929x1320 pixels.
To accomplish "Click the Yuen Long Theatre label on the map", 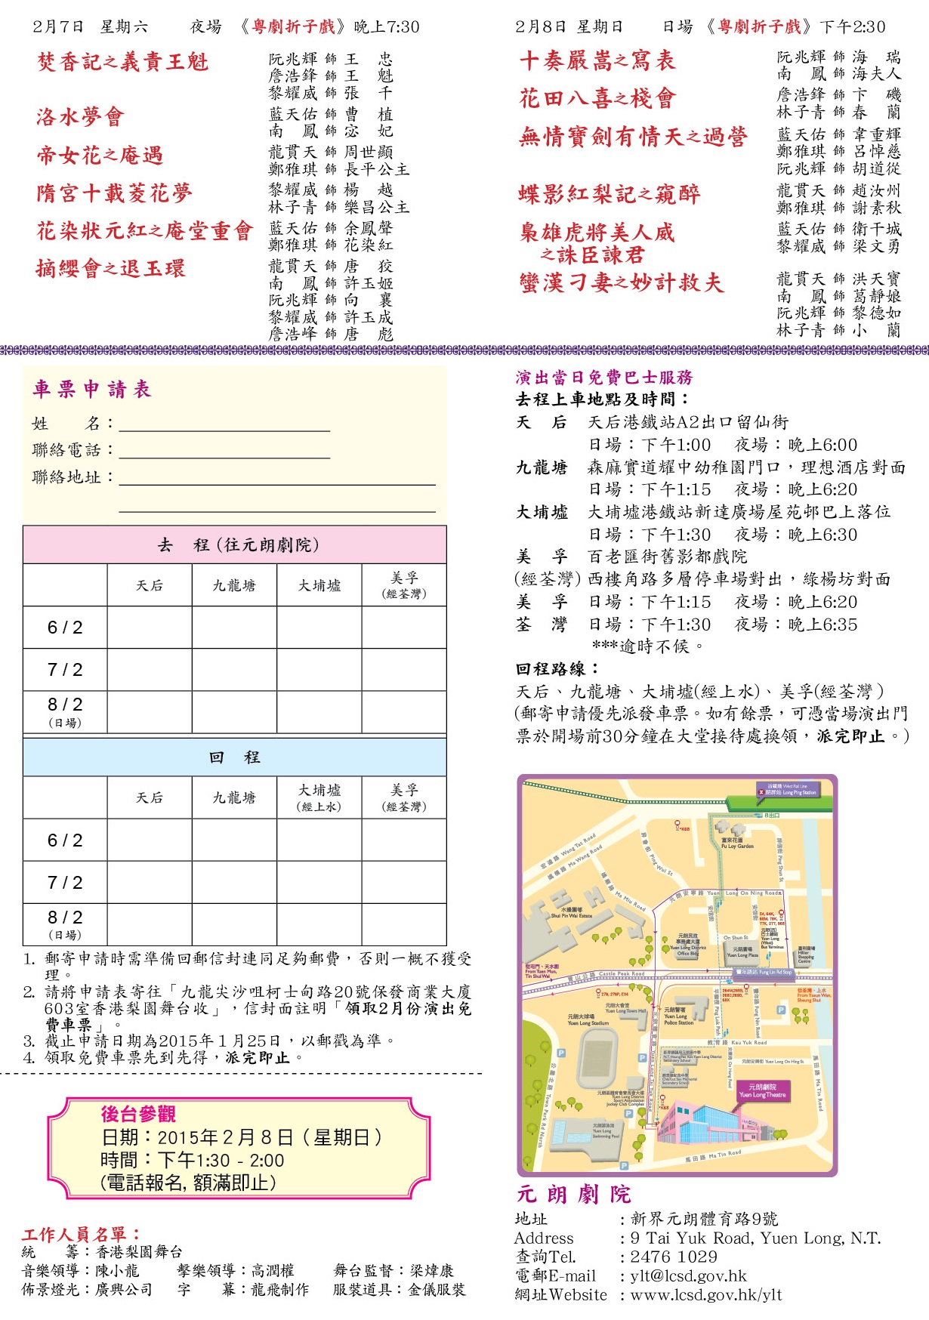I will [762, 1090].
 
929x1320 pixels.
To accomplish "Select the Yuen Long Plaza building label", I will [742, 952].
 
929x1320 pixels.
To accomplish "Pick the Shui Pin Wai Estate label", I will [571, 913].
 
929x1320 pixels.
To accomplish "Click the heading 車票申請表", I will [92, 389].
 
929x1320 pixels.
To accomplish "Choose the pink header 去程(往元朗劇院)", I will [235, 544].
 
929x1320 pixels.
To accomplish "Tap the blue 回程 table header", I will [235, 757].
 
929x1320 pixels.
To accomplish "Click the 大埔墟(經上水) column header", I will [319, 797].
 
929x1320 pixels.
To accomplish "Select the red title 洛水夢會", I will [80, 117].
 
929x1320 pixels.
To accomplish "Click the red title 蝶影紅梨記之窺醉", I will [609, 194].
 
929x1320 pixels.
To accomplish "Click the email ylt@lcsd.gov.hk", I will [688, 1275].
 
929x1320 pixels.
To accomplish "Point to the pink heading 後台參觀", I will [138, 1114].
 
